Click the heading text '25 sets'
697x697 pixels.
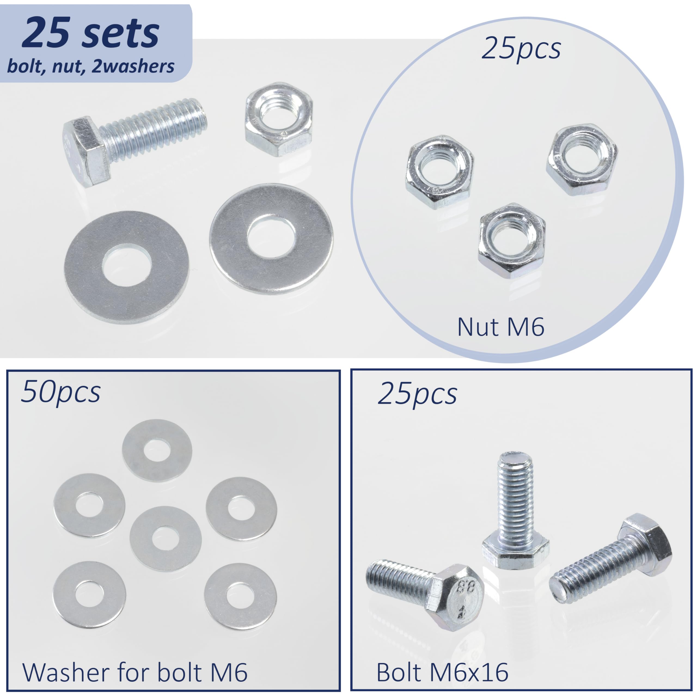[x=91, y=33]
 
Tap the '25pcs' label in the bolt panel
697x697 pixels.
[x=417, y=394]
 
